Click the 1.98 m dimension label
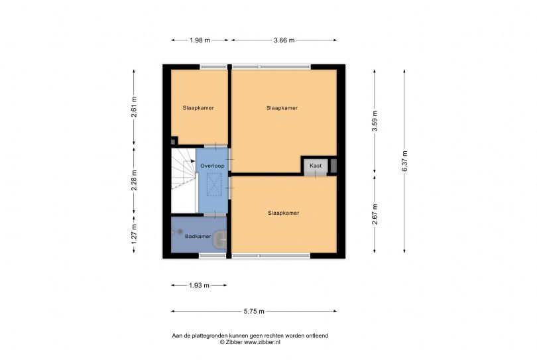tap(200, 40)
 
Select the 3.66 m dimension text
tap(284, 40)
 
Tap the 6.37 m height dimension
tap(404, 161)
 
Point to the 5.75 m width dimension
tap(254, 312)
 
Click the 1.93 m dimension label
tap(199, 285)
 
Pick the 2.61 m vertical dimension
tap(134, 107)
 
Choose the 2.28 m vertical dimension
tap(134, 180)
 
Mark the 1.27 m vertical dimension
tap(134, 234)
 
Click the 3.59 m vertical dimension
tap(375, 121)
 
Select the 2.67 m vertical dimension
tap(375, 214)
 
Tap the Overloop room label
tap(212, 166)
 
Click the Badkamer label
tap(198, 236)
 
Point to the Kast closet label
tap(316, 166)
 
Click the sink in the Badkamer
tap(219, 239)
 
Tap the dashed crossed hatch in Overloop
tap(214, 184)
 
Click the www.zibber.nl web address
tap(262, 342)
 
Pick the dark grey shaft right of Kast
tap(333, 166)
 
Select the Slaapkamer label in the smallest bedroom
tap(198, 108)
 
